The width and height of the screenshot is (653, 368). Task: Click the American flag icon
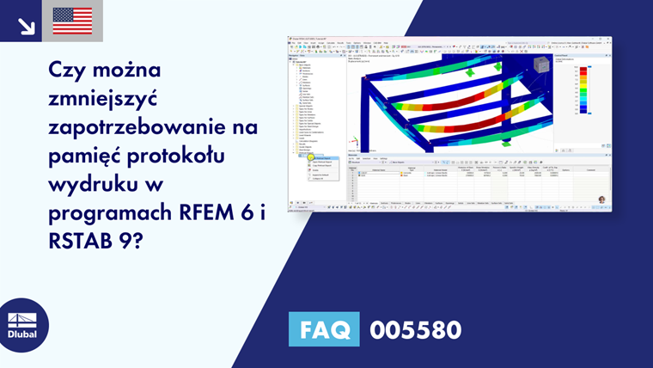point(72,21)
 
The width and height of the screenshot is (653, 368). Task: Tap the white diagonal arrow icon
point(26,26)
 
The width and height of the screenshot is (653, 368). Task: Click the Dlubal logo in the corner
point(23,324)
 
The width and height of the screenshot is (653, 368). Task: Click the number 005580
point(415,329)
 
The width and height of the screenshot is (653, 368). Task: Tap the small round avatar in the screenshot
point(601,199)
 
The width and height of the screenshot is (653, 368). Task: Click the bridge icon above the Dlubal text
point(23,315)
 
